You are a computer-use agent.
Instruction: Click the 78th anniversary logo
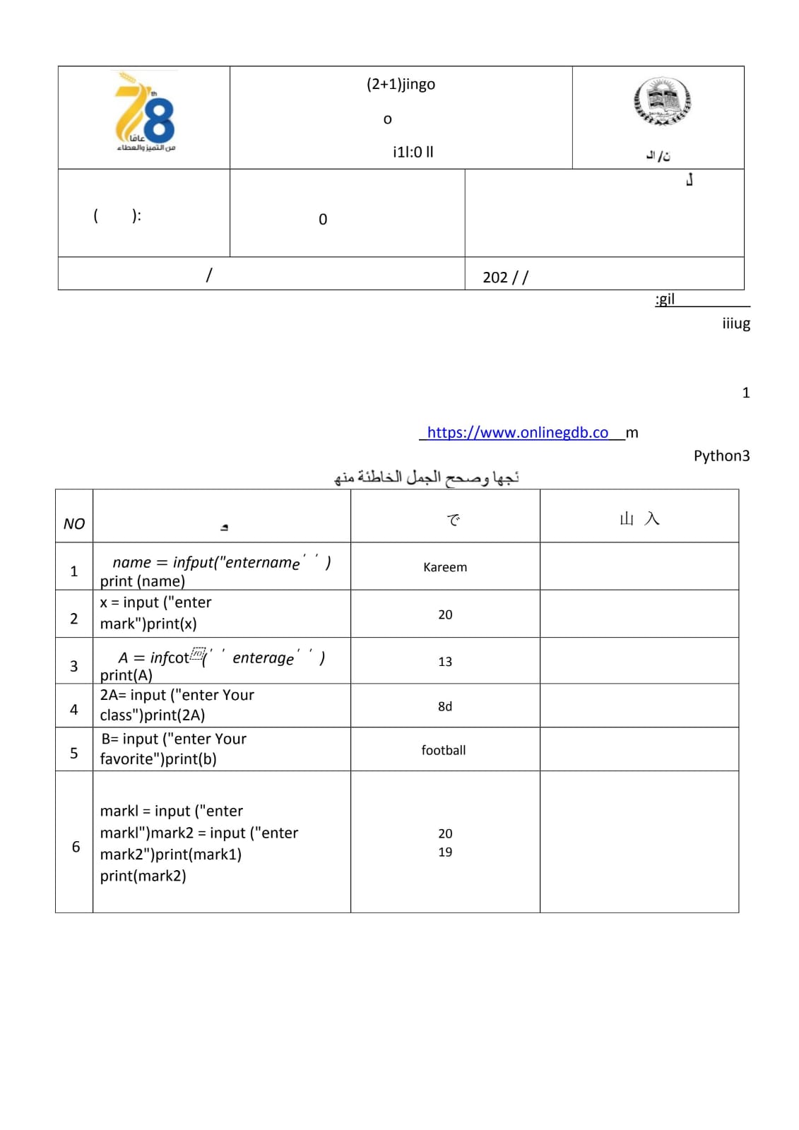(146, 113)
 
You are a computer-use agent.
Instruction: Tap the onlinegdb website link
(518, 432)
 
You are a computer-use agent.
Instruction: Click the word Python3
(721, 456)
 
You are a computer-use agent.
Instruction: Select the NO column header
(74, 523)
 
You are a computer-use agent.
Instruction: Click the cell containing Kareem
(445, 567)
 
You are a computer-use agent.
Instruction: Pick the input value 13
(445, 662)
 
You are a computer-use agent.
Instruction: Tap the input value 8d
(445, 706)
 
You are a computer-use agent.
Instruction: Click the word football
(444, 750)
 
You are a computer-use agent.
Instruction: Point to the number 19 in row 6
(445, 852)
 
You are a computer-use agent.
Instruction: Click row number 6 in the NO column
(76, 846)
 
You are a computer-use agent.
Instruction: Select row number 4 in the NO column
(74, 709)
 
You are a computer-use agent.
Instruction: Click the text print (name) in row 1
(143, 581)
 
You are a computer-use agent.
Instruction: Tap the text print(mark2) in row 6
(143, 876)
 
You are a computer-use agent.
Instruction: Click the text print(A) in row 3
(126, 675)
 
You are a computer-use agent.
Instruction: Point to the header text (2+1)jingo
(401, 84)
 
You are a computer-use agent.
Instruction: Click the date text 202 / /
(505, 277)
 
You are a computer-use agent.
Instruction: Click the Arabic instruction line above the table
(427, 477)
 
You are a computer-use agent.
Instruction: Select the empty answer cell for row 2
(639, 614)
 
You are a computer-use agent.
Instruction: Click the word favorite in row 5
(127, 759)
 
